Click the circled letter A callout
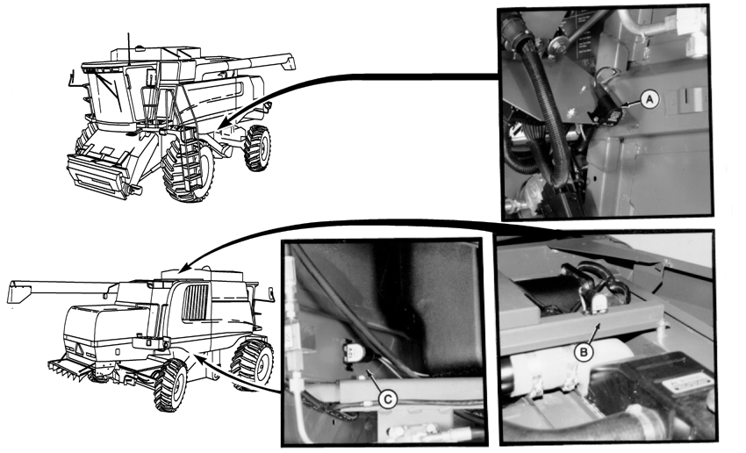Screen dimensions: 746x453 click(x=649, y=100)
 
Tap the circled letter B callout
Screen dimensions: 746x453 click(x=583, y=353)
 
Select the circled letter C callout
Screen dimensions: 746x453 click(x=388, y=399)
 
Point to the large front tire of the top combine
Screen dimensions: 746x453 click(x=188, y=170)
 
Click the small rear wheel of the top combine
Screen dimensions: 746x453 click(x=257, y=147)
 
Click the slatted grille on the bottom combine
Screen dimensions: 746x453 click(x=195, y=302)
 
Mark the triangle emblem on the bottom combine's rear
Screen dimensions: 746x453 click(x=78, y=350)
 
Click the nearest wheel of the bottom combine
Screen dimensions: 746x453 click(x=170, y=385)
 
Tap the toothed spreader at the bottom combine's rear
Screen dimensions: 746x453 click(x=70, y=370)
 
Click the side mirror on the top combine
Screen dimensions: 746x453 click(x=73, y=78)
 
